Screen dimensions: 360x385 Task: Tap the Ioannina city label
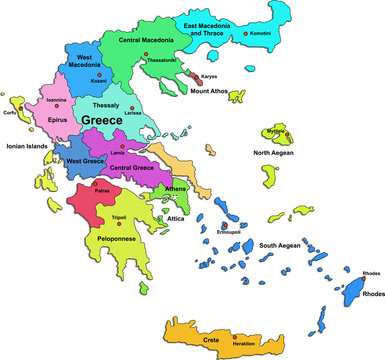pyautogui.click(x=57, y=100)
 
